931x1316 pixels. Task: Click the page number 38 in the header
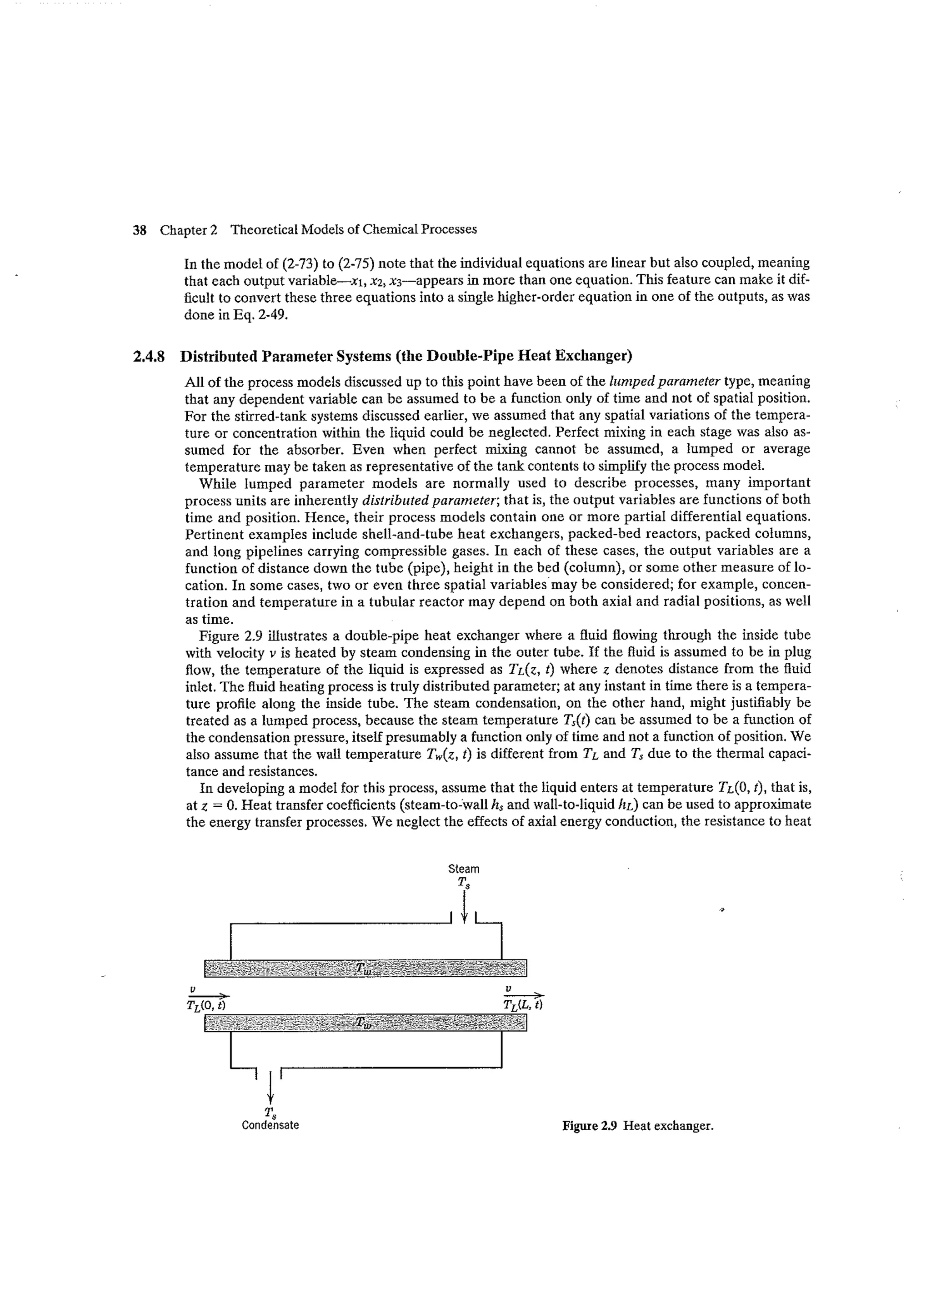click(139, 230)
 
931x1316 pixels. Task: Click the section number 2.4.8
click(149, 357)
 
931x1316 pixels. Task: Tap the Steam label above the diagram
click(464, 869)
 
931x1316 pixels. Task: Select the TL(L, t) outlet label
click(523, 1005)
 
